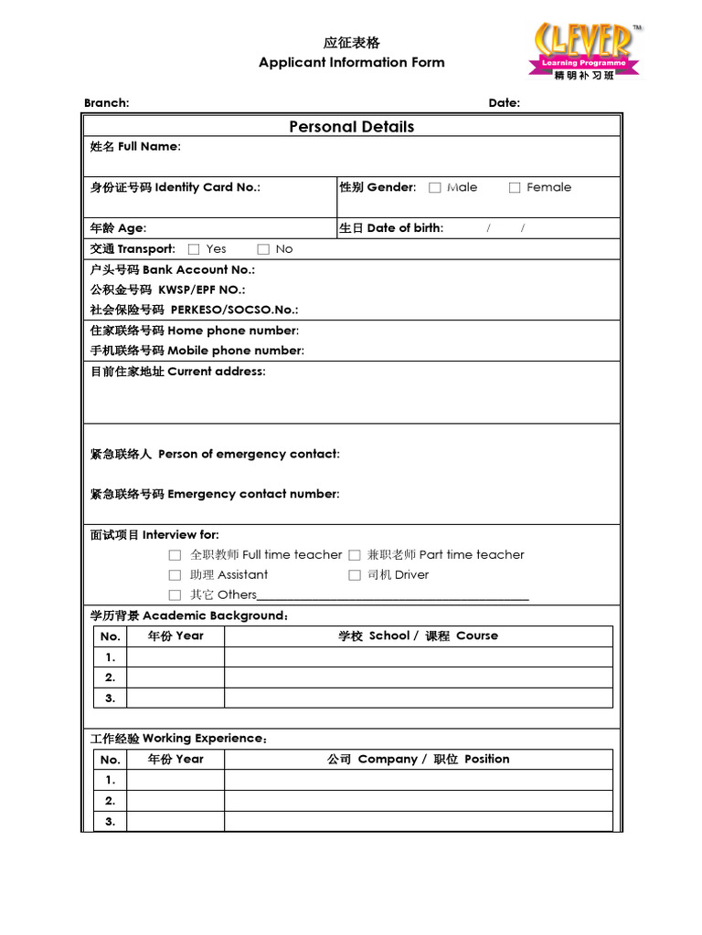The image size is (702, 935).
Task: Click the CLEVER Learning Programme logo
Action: point(585,51)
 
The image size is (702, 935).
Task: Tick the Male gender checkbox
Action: point(435,188)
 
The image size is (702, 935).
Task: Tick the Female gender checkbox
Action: point(515,188)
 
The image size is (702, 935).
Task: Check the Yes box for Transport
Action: point(194,249)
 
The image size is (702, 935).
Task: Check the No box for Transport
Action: point(263,249)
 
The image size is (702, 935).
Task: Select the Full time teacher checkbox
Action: point(175,555)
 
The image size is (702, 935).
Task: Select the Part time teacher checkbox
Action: point(355,555)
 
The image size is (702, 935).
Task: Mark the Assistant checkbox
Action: point(175,575)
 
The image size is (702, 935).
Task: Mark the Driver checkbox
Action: point(355,575)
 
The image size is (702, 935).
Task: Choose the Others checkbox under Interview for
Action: point(175,595)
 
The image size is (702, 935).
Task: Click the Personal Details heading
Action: point(351,127)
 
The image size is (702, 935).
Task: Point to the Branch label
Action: point(106,103)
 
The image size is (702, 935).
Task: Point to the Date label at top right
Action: point(504,103)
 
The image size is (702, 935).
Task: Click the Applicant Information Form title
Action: point(351,63)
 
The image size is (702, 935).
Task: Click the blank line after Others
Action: point(393,596)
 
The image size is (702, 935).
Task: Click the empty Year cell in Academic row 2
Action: point(175,678)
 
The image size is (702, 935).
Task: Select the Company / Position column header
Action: point(418,759)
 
